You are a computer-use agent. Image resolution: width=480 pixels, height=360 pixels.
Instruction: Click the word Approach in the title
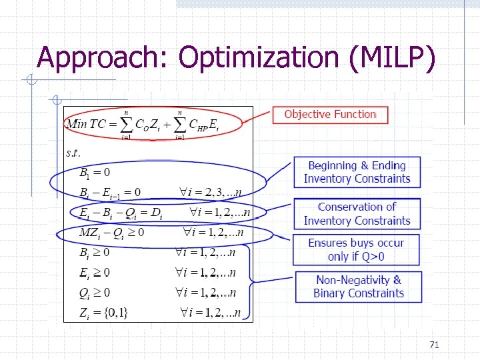[103, 58]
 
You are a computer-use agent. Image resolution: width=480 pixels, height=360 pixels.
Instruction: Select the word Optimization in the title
[259, 58]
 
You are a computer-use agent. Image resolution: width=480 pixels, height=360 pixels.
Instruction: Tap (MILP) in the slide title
[392, 58]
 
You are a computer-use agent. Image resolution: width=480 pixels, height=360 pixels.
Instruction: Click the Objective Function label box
[330, 115]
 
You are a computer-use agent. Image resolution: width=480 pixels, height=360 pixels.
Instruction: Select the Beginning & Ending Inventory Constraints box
[357, 172]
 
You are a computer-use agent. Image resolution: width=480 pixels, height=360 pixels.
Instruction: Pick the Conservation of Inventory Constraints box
[357, 214]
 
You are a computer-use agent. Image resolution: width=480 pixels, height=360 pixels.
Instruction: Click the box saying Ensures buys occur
[356, 249]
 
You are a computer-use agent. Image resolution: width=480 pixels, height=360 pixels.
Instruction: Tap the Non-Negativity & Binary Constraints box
[359, 287]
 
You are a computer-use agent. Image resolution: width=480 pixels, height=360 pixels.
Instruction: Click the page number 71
[434, 345]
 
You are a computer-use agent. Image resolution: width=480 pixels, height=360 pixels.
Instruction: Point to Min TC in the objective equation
[90, 124]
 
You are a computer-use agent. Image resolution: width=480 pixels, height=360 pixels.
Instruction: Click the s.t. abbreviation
[73, 153]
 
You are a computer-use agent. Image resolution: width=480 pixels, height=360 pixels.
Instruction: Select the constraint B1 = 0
[95, 173]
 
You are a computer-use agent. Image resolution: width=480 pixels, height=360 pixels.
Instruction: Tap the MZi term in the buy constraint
[90, 233]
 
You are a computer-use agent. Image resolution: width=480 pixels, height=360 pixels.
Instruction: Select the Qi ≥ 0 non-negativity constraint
[95, 293]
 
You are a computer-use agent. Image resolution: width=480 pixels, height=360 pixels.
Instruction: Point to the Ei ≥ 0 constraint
[95, 272]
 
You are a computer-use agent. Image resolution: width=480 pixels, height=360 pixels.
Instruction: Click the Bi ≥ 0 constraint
[95, 253]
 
